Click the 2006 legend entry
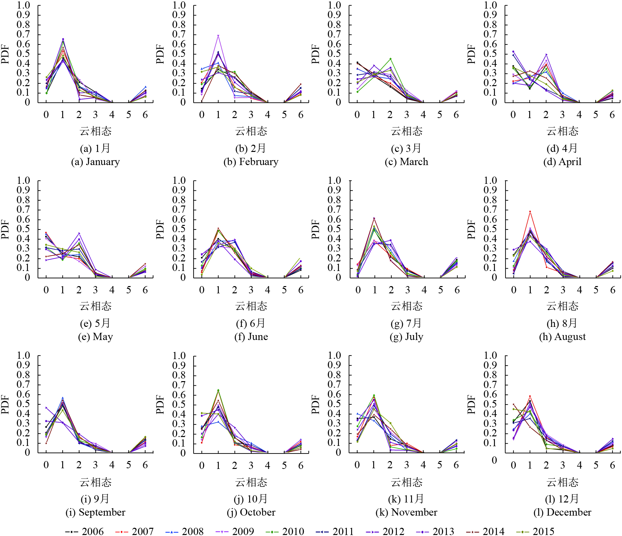click(x=85, y=531)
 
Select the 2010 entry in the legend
click(x=285, y=531)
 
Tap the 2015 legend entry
click(x=535, y=531)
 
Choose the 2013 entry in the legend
click(x=435, y=531)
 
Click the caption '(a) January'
click(x=95, y=162)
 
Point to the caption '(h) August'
click(x=562, y=337)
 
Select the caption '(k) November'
click(x=406, y=512)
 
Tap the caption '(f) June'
click(x=251, y=337)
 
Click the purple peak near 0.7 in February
click(x=218, y=36)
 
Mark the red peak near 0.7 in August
click(x=530, y=211)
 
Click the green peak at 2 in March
click(x=390, y=59)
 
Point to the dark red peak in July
click(x=374, y=218)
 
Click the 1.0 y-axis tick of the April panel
click(x=490, y=5)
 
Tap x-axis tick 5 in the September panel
click(x=128, y=465)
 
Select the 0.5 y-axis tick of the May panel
click(x=23, y=229)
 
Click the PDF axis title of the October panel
click(x=160, y=404)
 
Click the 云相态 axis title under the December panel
click(x=562, y=482)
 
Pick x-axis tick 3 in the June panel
click(x=251, y=290)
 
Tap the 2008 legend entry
click(x=185, y=531)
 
